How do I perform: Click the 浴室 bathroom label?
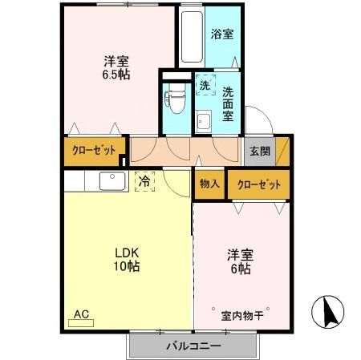[222, 34]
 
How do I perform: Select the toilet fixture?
[172, 101]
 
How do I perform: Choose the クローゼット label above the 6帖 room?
[258, 184]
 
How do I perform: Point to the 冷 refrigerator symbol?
[144, 182]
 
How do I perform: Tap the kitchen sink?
[111, 181]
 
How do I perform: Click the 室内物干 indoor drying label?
[242, 315]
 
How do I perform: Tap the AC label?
[81, 313]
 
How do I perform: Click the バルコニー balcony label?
[193, 346]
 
